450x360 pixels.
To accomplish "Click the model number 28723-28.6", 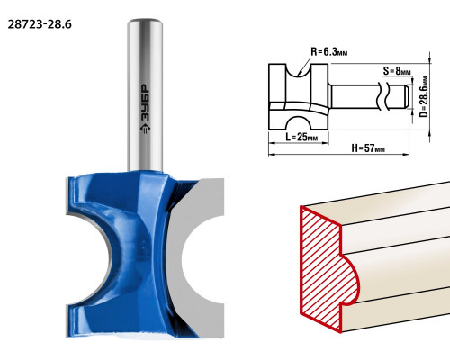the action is [x=40, y=24].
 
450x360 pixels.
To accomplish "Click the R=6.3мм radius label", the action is [x=329, y=52].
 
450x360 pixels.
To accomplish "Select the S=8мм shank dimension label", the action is [x=397, y=71].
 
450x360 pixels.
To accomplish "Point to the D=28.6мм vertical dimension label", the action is [x=424, y=96].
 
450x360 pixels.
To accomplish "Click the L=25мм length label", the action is [x=301, y=137].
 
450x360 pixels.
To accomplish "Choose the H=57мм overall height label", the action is [x=368, y=148].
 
